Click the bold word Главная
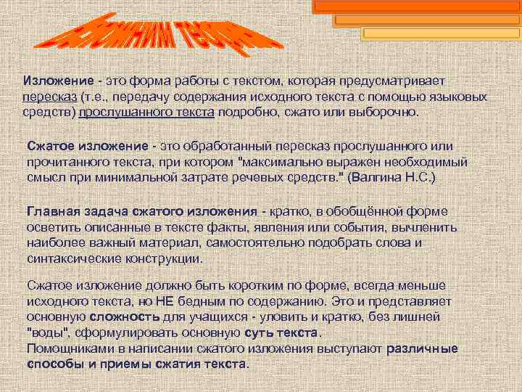tap(53, 211)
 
